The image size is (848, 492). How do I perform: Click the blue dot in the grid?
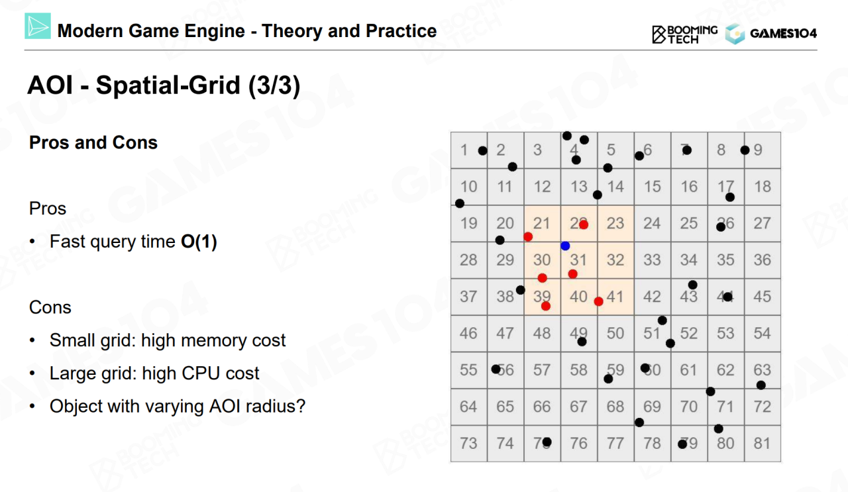pos(565,246)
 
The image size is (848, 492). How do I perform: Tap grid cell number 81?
pos(763,444)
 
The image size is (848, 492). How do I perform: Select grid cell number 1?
pos(469,150)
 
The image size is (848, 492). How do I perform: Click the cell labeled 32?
pos(615,260)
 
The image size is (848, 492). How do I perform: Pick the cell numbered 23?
pos(615,224)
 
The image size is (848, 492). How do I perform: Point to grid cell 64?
pos(469,407)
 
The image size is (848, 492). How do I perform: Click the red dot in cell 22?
pos(584,224)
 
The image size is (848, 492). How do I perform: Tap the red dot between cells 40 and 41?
pos(598,302)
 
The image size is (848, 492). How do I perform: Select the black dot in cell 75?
pos(547,442)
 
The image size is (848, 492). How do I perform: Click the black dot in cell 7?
pos(687,150)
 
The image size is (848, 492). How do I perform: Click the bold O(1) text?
pos(199,242)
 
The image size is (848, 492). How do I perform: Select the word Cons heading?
pos(50,307)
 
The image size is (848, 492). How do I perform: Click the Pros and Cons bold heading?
pos(93,142)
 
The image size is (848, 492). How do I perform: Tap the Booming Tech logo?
pos(684,34)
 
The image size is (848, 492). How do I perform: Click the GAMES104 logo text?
pos(783,34)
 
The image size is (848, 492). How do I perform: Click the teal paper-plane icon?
pos(38,26)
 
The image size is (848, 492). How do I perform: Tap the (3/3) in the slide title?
pos(274,85)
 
